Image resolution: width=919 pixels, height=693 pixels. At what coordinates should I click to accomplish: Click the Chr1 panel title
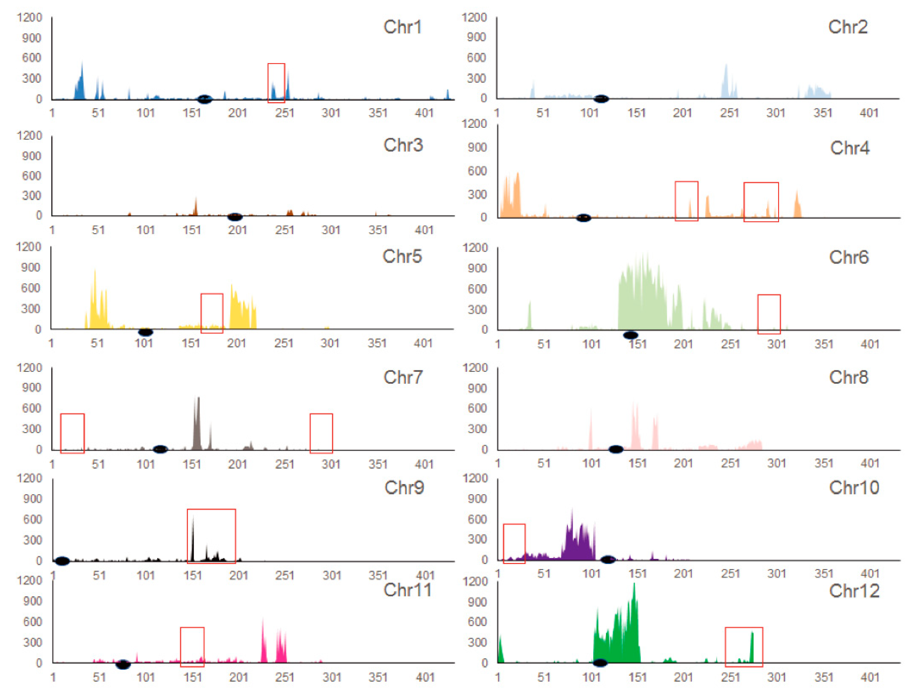click(402, 27)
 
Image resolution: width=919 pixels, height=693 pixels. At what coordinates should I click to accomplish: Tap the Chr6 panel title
click(848, 258)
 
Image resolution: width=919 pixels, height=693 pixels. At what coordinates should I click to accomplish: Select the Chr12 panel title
click(854, 591)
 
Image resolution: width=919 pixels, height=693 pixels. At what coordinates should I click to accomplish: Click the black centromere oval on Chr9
click(62, 561)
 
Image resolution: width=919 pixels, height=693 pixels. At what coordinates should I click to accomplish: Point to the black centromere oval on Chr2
click(601, 99)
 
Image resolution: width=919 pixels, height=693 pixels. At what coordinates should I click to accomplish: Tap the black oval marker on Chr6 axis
click(630, 335)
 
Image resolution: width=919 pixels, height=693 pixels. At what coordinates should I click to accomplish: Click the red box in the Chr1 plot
click(276, 83)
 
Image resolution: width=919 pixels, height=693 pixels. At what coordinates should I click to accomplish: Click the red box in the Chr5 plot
click(212, 313)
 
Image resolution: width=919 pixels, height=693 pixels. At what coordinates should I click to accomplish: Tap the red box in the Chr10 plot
click(514, 543)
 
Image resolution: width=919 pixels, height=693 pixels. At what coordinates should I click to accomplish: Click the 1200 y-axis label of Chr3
click(29, 136)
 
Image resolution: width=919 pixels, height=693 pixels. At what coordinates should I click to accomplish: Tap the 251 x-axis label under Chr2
click(729, 113)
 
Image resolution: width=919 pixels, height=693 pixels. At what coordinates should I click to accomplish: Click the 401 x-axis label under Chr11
click(425, 678)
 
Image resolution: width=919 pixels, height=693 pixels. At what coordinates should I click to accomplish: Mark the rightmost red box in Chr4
click(761, 202)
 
